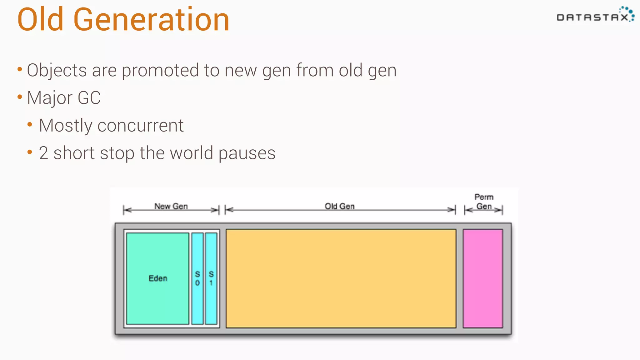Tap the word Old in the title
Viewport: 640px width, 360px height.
coord(41,20)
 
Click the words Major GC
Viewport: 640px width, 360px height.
coord(64,98)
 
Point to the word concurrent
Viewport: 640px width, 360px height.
coord(140,126)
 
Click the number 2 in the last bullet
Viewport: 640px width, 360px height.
coord(43,153)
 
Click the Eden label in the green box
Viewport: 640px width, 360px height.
coord(158,278)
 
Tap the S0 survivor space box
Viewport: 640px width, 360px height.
coord(197,278)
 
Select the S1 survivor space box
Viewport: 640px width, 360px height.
coord(211,278)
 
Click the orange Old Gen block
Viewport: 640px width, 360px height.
coord(341,278)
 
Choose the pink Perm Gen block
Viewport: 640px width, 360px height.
coord(483,278)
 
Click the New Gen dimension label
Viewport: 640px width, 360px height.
coord(171,206)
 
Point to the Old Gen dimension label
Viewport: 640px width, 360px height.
coord(340,206)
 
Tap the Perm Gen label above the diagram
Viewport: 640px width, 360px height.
coord(484,202)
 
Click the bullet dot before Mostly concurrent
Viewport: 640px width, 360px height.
coord(30,125)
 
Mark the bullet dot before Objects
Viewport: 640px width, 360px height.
coord(20,69)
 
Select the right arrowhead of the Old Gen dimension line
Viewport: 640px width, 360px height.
coord(452,210)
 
